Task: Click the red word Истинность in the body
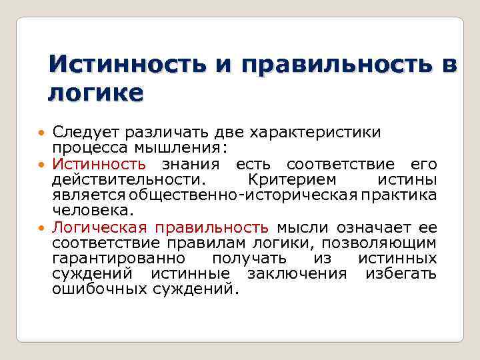(99, 164)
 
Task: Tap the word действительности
(129, 180)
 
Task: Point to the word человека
(93, 211)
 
